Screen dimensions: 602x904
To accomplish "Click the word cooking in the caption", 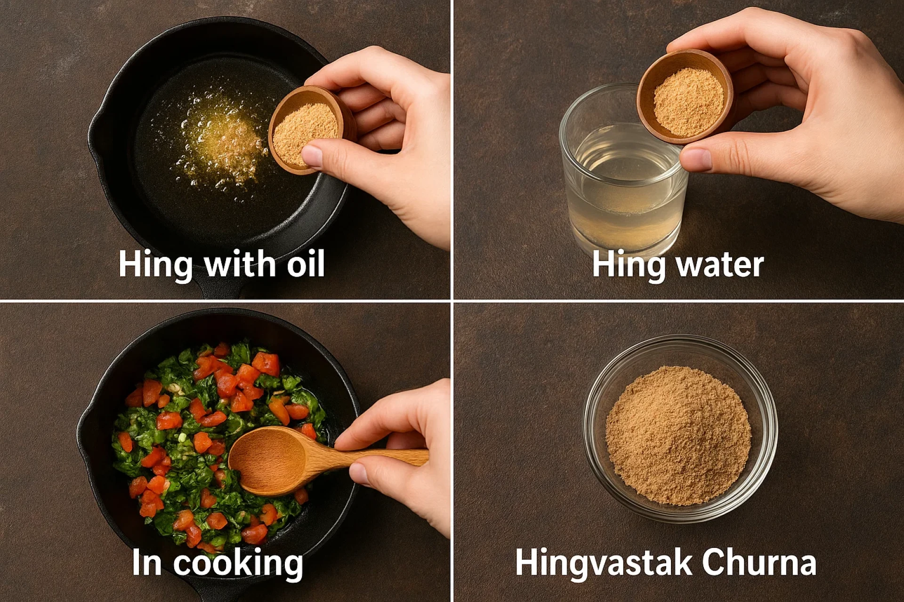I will pyautogui.click(x=238, y=563).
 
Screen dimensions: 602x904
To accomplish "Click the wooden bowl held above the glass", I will pyautogui.click(x=686, y=96).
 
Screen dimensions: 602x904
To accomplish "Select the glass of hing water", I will pyautogui.click(x=621, y=188).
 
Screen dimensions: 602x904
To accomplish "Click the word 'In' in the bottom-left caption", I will pyautogui.click(x=146, y=562).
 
